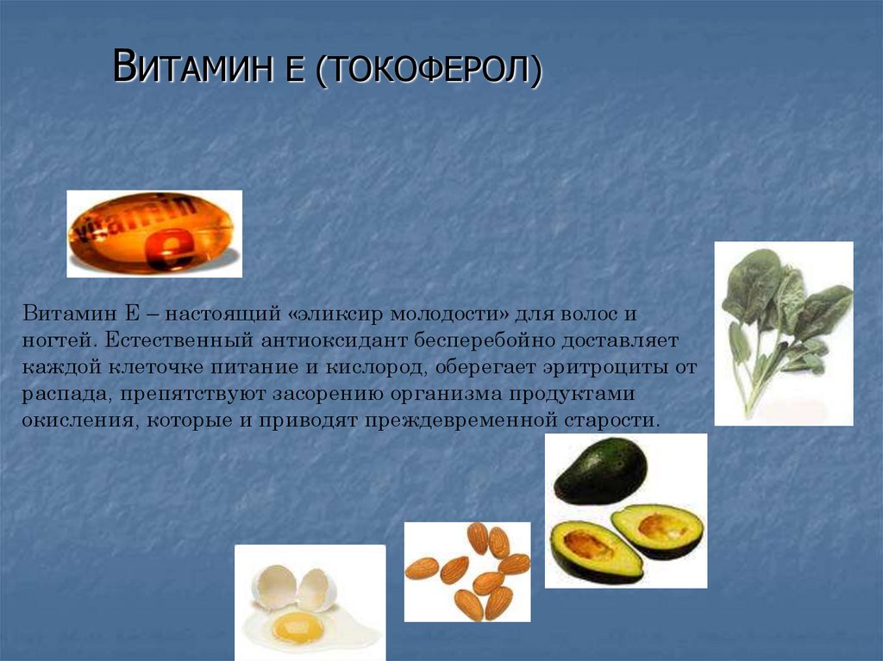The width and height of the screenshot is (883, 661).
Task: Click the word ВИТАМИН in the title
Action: coord(189,66)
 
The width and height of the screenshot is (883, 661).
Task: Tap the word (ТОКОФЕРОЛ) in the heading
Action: coord(429,70)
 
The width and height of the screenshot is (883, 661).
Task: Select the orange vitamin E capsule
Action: coord(152,234)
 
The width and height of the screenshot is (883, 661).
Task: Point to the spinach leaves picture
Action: coord(785,334)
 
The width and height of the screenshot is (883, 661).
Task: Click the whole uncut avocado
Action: coord(601,471)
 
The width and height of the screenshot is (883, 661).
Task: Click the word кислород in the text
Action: coord(373,368)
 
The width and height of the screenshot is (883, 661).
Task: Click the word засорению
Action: coord(327,394)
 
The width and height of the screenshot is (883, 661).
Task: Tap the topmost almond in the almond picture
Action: coord(478,537)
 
